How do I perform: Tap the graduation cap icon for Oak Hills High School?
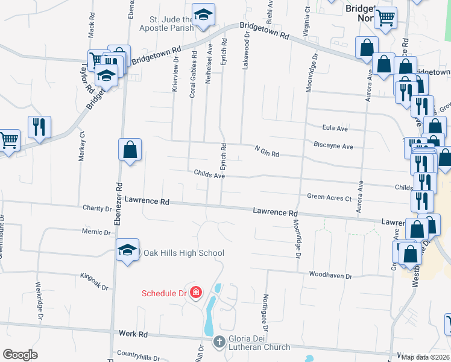coord(127,251)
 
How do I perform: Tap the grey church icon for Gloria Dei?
coord(219,342)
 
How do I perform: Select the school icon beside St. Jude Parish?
coord(204,15)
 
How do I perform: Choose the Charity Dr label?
coord(97,208)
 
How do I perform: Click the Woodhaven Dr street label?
coord(330,275)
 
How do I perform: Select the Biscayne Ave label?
coord(333,145)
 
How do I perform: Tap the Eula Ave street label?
coord(335,128)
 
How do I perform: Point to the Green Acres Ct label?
coord(329,197)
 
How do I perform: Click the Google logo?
coord(20,355)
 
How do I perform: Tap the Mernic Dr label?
coord(97,232)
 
